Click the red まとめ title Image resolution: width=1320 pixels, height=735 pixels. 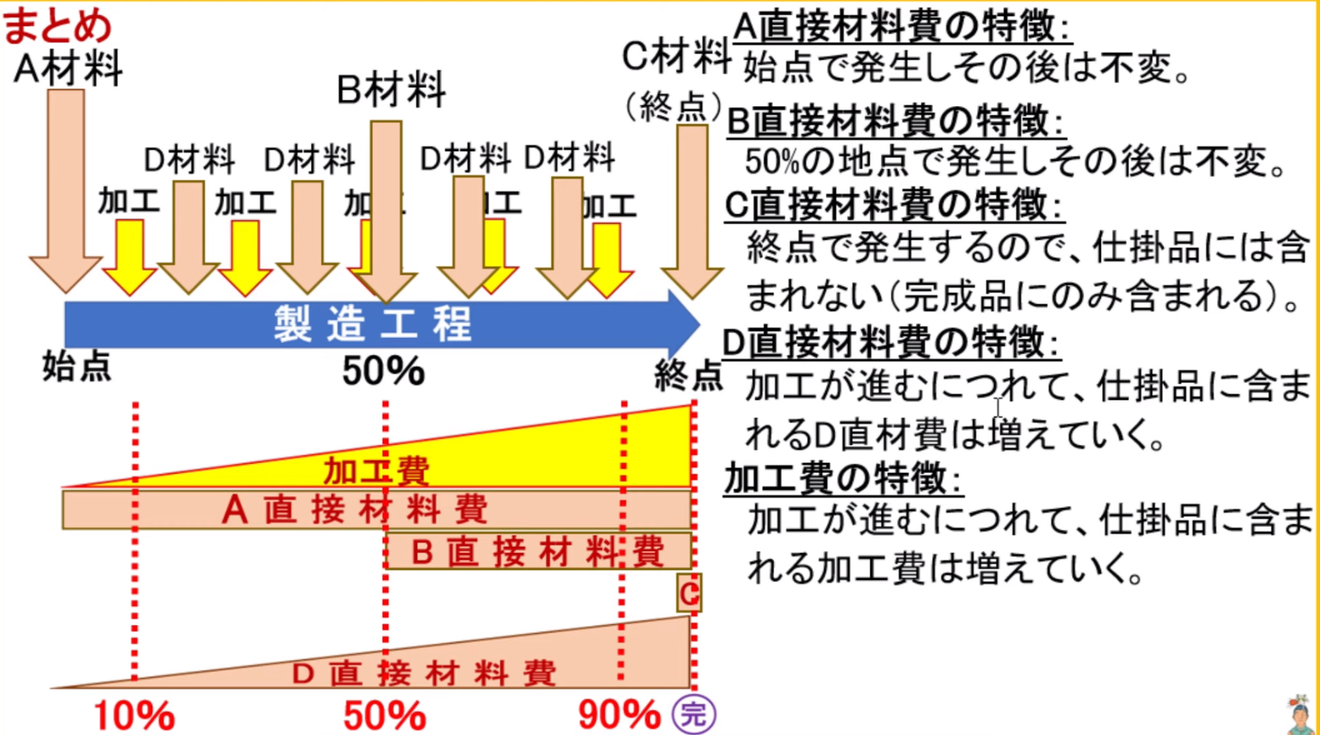click(x=57, y=25)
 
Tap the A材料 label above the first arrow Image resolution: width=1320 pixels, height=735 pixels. click(x=68, y=69)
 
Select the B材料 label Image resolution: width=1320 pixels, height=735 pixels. click(x=391, y=90)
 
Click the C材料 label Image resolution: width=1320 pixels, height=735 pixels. click(x=675, y=57)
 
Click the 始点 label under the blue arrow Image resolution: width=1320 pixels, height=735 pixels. click(x=77, y=367)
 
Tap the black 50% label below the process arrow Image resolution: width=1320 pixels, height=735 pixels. click(x=383, y=371)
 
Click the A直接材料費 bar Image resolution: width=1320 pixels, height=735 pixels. click(x=356, y=509)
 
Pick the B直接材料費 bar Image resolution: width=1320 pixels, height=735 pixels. click(x=538, y=551)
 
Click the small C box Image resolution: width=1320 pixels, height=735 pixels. click(x=689, y=593)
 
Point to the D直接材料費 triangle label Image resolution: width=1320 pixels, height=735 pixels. click(x=423, y=673)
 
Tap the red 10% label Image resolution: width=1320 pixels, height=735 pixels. click(x=134, y=715)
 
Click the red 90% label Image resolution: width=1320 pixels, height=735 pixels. click(x=619, y=715)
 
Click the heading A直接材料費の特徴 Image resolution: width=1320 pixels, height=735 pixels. click(x=902, y=28)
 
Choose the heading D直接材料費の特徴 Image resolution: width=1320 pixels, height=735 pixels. click(x=891, y=343)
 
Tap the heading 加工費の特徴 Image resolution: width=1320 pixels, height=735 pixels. click(x=843, y=478)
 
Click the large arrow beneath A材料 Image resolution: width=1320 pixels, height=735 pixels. click(x=65, y=192)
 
